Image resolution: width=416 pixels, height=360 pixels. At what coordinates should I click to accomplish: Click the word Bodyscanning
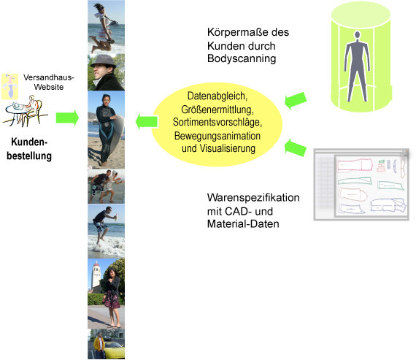coord(242,58)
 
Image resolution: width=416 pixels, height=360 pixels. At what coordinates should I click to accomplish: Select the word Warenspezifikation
coord(253,198)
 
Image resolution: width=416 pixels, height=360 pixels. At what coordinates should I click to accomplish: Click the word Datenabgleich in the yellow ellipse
coord(217,96)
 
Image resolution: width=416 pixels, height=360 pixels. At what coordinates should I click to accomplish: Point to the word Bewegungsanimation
coord(217,136)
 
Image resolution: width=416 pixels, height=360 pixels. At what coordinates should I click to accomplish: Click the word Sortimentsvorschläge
coord(217,122)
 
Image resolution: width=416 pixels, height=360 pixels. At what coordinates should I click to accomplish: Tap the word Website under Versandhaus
coord(49,87)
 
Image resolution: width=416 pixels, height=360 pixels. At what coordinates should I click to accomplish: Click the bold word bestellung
coord(29,156)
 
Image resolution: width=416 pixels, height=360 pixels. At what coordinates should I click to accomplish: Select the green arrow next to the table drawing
coord(67,118)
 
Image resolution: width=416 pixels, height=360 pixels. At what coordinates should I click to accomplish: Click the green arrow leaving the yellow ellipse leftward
coord(147,122)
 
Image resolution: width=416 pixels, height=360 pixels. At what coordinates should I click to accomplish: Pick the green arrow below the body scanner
coord(296,101)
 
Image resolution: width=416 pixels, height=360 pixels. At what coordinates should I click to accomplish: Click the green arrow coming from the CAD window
coord(296,148)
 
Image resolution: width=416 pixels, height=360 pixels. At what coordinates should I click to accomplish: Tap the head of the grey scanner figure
coord(357,35)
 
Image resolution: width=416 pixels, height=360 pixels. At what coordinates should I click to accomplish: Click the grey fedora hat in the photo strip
coord(104,61)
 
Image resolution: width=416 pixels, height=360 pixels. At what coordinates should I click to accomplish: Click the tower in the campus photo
coord(96,275)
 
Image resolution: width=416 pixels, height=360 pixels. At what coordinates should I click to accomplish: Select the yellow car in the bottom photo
coord(114,349)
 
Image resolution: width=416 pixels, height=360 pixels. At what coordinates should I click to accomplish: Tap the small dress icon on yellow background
coord(9,87)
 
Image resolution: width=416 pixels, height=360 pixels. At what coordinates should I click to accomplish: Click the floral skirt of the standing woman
coord(112,300)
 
